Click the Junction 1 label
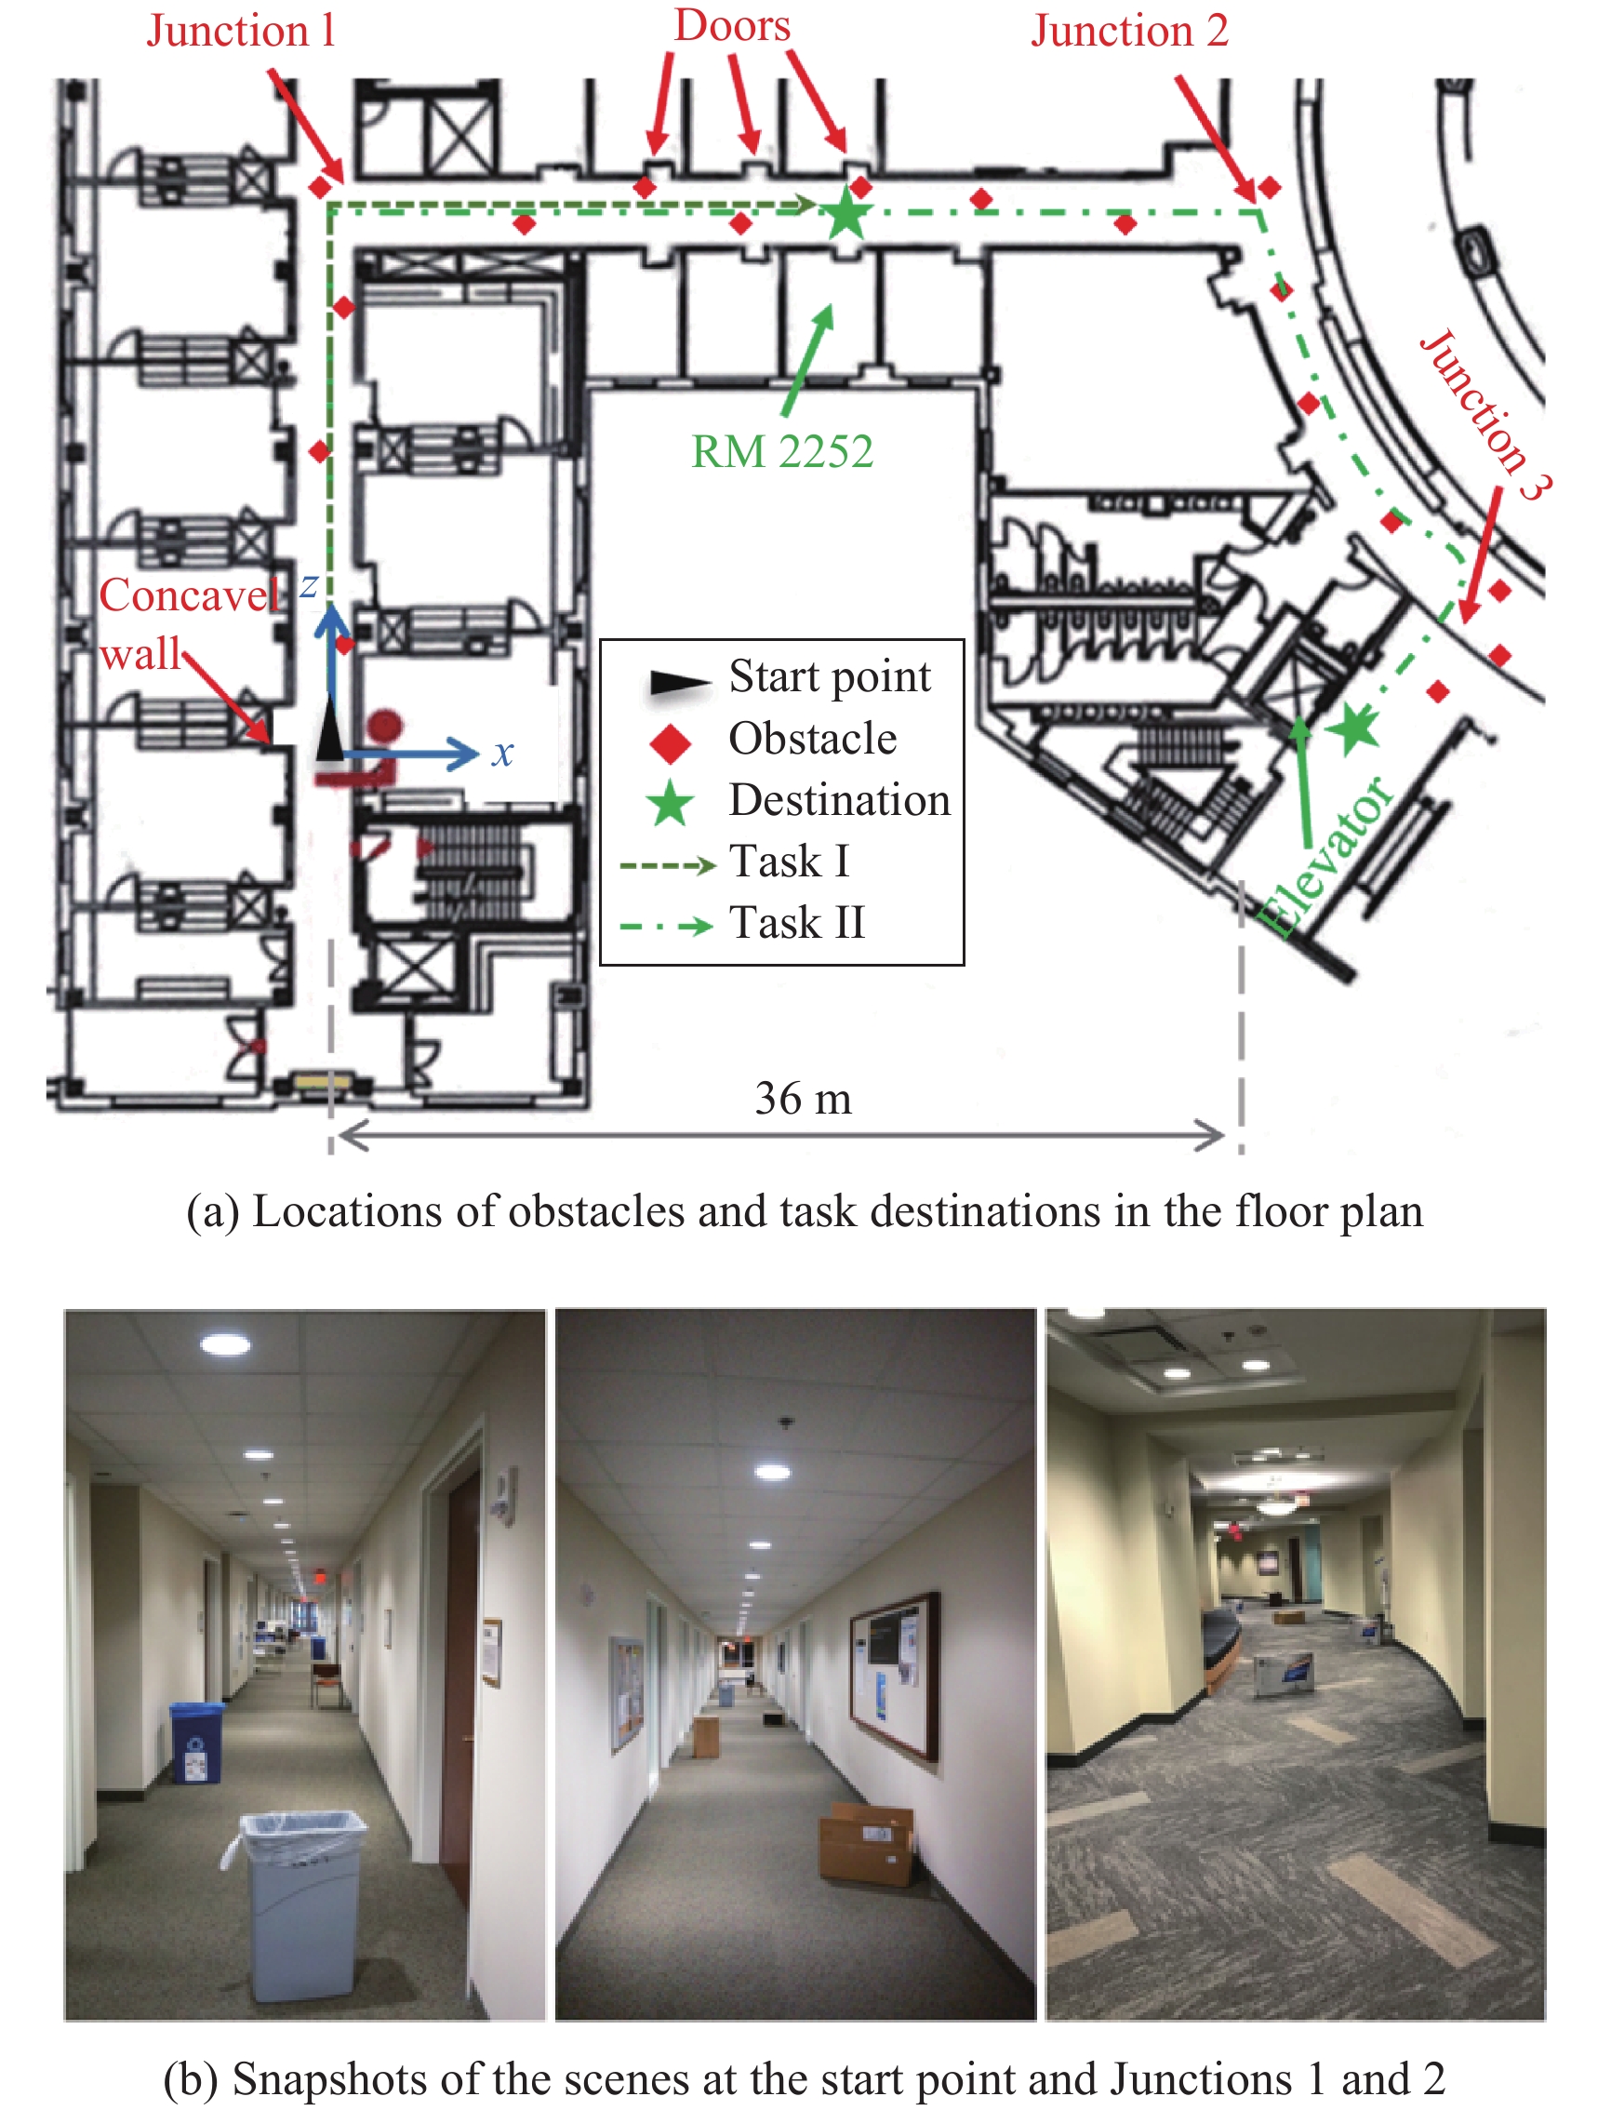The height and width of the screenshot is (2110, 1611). point(241,31)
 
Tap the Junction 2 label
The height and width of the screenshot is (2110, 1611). point(1129,31)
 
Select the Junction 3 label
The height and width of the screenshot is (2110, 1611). point(1485,414)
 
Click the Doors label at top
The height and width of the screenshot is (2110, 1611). point(733,25)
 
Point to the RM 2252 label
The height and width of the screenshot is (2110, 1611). point(782,451)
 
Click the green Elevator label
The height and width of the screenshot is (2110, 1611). point(1326,857)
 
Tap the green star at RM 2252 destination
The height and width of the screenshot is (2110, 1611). point(845,213)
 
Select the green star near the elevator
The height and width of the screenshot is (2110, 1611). point(1353,728)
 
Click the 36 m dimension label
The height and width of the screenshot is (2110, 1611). point(803,1098)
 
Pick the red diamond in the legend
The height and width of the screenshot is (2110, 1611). point(671,743)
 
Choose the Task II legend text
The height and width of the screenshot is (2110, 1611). point(798,923)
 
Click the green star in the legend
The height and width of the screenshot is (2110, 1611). point(671,804)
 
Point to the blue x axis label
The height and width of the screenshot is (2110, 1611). point(503,754)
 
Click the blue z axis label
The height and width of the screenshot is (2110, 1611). point(309,585)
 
